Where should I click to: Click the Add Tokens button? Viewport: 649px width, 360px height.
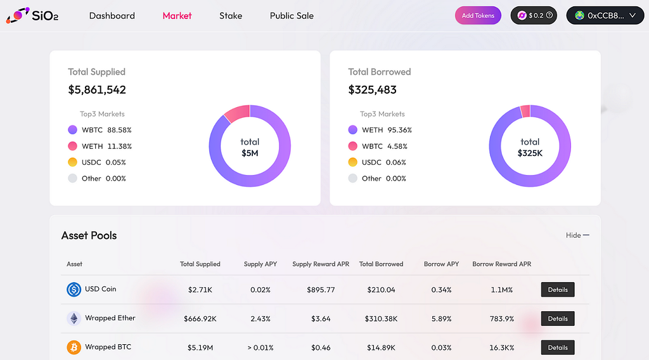pyautogui.click(x=478, y=16)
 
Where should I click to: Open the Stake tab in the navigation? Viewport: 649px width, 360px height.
pyautogui.click(x=231, y=16)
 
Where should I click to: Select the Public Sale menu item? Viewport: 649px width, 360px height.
pyautogui.click(x=292, y=16)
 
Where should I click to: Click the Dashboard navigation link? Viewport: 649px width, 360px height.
pyautogui.click(x=112, y=16)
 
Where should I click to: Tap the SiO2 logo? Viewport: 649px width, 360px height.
pyautogui.click(x=32, y=15)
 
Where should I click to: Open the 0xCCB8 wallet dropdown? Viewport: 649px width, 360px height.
pyautogui.click(x=605, y=15)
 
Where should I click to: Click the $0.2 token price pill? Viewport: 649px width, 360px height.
pyautogui.click(x=534, y=15)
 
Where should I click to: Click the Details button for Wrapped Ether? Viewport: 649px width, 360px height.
pyautogui.click(x=558, y=319)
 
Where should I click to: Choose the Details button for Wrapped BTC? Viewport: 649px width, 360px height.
pyautogui.click(x=558, y=347)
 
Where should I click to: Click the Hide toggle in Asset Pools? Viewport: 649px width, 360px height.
pyautogui.click(x=577, y=235)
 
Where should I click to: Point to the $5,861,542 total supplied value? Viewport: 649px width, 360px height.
pyautogui.click(x=97, y=90)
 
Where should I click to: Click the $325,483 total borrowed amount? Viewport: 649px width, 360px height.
pyautogui.click(x=372, y=90)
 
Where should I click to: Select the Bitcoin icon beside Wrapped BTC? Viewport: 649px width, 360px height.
pyautogui.click(x=74, y=347)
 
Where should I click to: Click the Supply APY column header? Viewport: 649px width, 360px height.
pyautogui.click(x=260, y=264)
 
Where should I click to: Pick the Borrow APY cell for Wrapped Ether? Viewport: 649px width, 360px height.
pyautogui.click(x=441, y=319)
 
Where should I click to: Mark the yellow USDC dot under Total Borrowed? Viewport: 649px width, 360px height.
pyautogui.click(x=352, y=162)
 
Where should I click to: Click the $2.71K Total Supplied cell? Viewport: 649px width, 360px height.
pyautogui.click(x=200, y=290)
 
